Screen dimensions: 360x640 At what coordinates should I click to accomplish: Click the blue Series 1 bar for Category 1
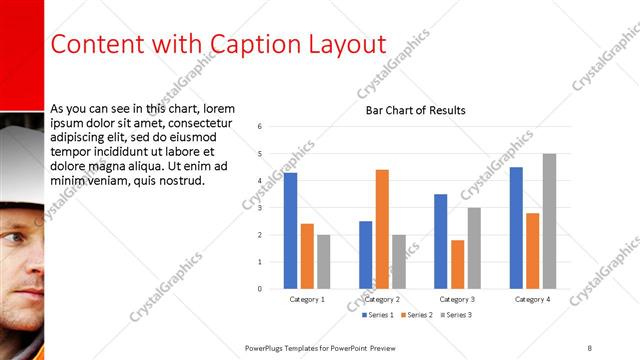[x=290, y=231]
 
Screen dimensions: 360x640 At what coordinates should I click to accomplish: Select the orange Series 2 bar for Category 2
[x=382, y=229]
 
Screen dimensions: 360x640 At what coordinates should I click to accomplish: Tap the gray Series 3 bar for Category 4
[x=549, y=221]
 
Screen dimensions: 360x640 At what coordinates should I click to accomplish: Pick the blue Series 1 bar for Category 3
[x=441, y=241]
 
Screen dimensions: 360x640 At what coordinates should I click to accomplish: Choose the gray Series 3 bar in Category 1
[x=324, y=261]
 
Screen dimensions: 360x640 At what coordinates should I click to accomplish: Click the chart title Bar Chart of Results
[x=415, y=110]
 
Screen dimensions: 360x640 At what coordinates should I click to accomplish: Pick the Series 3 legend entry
[x=456, y=315]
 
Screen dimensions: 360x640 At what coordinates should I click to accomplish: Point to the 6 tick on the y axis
[x=259, y=127]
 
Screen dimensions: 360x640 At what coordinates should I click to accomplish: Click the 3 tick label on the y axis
[x=259, y=208]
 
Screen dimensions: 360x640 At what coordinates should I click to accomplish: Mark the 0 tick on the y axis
[x=259, y=289]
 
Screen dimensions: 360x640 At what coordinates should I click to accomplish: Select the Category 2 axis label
[x=382, y=299]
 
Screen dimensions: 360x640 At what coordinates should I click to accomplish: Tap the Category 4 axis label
[x=532, y=299]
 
